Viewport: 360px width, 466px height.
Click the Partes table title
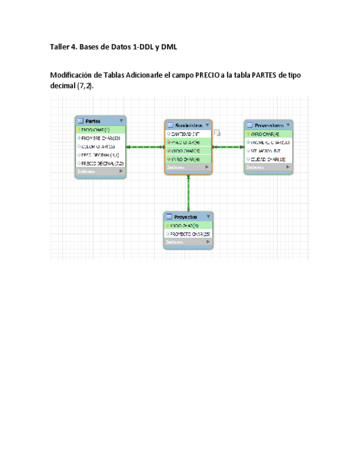[93, 121]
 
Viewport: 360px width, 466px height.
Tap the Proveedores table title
[265, 125]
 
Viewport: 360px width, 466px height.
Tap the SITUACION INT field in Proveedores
[266, 151]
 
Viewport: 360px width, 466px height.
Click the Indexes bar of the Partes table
[100, 171]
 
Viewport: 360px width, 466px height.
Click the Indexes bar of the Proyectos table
[187, 242]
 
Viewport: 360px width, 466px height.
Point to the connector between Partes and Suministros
[145, 147]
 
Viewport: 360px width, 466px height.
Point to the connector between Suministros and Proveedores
[228, 147]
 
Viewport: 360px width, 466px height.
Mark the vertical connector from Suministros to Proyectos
[189, 193]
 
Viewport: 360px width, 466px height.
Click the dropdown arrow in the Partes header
[121, 121]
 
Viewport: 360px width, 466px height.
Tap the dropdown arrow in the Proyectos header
[208, 217]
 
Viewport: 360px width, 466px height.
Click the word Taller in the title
[62, 47]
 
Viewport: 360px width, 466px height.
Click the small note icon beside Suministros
[217, 132]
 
